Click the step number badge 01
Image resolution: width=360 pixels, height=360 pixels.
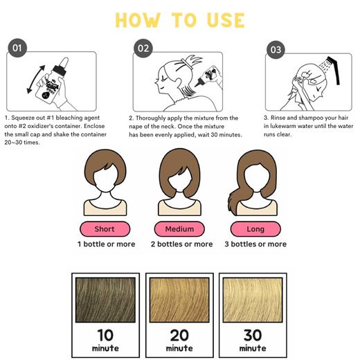tap(17, 48)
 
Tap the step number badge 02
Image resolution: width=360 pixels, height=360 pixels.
tap(143, 48)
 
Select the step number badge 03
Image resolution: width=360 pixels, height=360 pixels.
tap(276, 50)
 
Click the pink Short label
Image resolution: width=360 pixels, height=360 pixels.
tap(105, 229)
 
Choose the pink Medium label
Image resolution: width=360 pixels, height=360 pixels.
tap(179, 229)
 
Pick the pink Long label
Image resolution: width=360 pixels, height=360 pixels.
tap(255, 229)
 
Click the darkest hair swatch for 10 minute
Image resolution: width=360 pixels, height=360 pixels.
tap(105, 300)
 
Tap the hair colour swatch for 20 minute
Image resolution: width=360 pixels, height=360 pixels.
tap(179, 300)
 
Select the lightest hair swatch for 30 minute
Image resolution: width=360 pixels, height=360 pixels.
tap(253, 300)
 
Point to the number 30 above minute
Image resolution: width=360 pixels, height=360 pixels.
tap(253, 335)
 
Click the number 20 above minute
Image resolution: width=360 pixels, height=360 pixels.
tap(179, 335)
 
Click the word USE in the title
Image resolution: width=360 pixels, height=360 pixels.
tap(226, 20)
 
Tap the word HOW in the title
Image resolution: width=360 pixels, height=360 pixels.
tap(138, 20)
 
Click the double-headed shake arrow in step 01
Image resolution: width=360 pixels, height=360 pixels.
tap(35, 80)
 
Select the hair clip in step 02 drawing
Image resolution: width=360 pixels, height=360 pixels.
tap(187, 64)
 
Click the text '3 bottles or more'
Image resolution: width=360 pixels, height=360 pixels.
tap(255, 244)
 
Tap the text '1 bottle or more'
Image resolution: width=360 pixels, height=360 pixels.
tap(107, 244)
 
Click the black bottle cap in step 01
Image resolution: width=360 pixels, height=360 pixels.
tap(60, 71)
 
